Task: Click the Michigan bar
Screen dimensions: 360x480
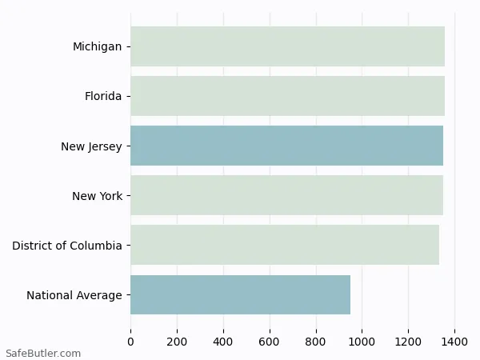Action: click(x=287, y=46)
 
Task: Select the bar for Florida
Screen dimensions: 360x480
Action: click(x=287, y=96)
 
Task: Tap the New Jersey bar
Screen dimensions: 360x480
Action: click(x=286, y=146)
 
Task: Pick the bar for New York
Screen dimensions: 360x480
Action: click(x=286, y=195)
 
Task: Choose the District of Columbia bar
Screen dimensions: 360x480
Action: click(x=285, y=245)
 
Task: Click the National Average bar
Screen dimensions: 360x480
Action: click(x=240, y=294)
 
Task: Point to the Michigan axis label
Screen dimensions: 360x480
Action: click(x=97, y=46)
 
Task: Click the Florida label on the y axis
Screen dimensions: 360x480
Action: click(x=103, y=96)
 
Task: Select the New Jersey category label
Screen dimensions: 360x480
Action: click(x=91, y=146)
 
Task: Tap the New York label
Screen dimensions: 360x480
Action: click(x=97, y=196)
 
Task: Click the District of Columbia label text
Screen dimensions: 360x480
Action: click(x=67, y=246)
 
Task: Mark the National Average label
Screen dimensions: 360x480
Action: click(x=74, y=295)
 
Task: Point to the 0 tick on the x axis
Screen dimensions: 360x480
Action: click(x=131, y=342)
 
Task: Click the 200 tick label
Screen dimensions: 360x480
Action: click(x=177, y=342)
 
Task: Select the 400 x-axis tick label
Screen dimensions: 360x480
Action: click(x=223, y=342)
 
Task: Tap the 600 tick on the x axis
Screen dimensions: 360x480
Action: click(x=270, y=342)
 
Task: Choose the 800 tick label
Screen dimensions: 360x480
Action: click(x=316, y=342)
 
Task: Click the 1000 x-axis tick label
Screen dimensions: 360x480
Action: click(x=362, y=342)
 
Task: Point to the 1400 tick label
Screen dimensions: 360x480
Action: click(x=454, y=342)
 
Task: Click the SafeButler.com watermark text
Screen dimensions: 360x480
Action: click(x=43, y=353)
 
